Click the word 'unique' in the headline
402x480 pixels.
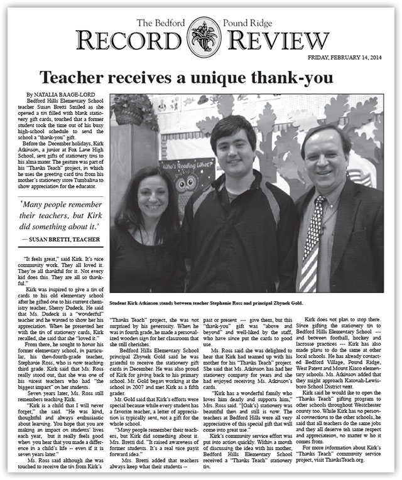(x=220, y=78)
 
